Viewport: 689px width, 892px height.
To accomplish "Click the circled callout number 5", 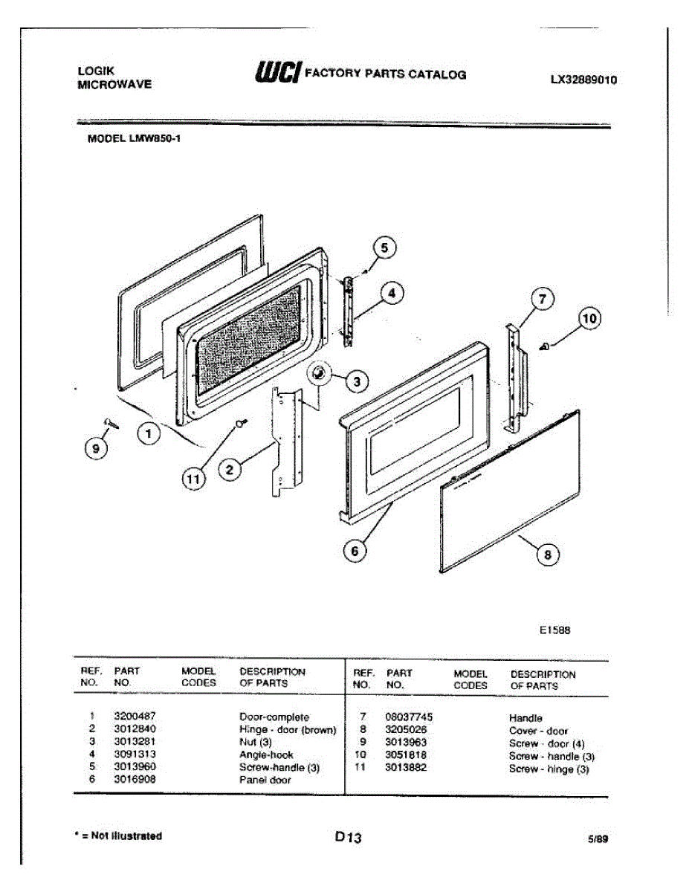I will (x=384, y=248).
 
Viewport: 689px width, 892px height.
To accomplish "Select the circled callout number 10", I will (x=589, y=319).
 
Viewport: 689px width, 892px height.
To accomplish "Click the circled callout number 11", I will (x=193, y=480).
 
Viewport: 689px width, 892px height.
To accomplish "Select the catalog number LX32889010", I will (x=583, y=80).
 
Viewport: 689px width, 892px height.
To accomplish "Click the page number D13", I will (x=348, y=838).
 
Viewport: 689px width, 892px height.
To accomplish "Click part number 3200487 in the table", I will (x=134, y=717).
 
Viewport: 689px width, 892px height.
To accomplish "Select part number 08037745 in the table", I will (x=409, y=717).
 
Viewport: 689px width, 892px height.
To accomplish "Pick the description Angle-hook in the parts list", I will (x=266, y=754).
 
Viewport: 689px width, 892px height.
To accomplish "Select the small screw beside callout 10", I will (x=545, y=346).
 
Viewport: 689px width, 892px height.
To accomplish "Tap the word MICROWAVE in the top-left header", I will (x=114, y=85).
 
